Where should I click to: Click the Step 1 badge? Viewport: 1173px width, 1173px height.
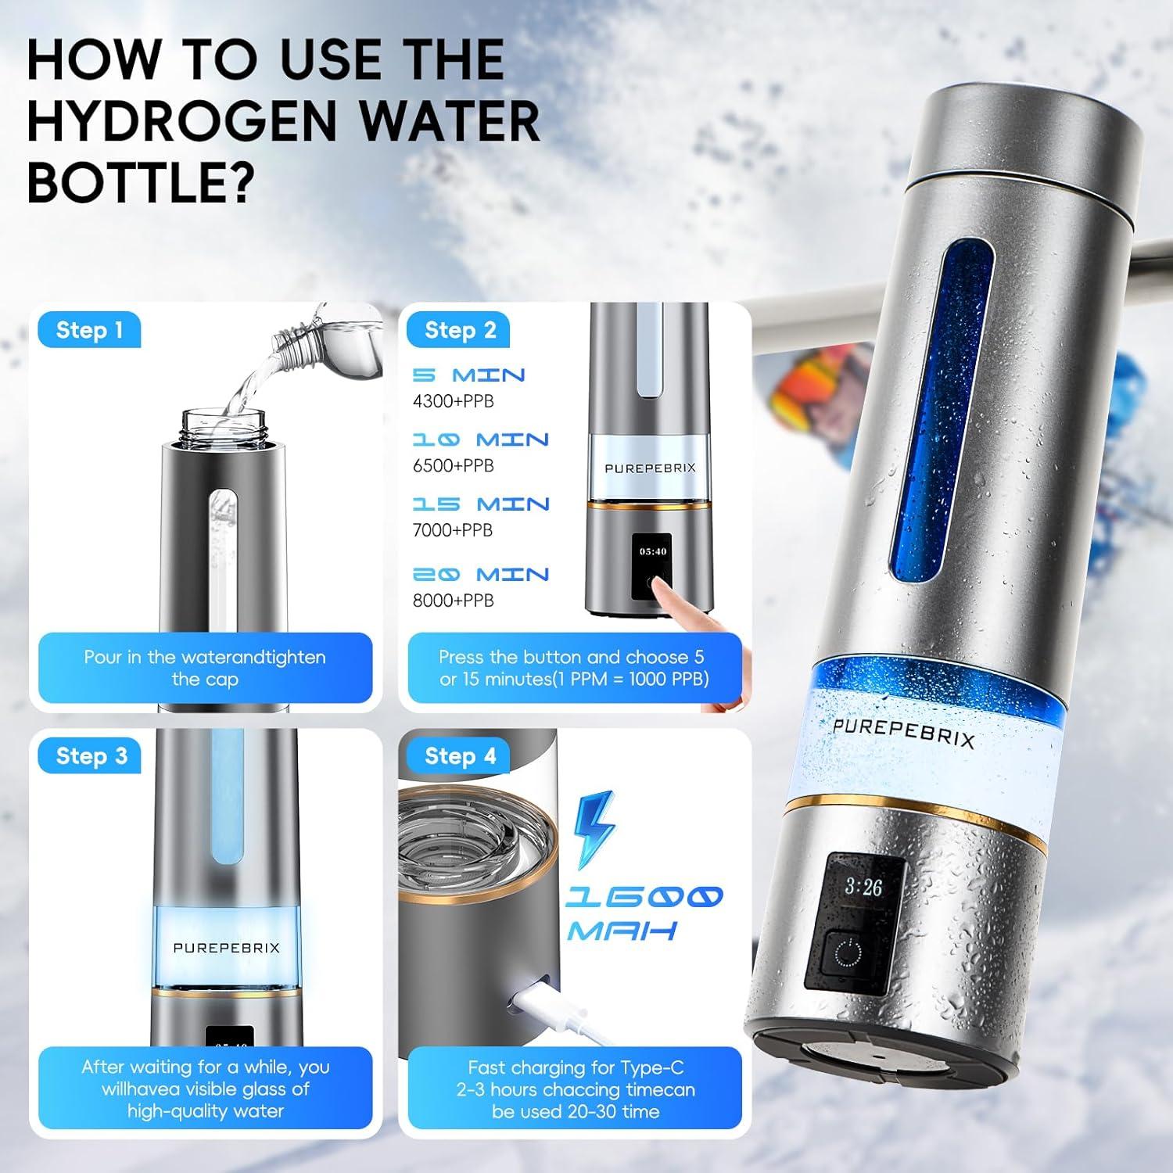coord(89,331)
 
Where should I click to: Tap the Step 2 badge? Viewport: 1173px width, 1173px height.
coord(460,331)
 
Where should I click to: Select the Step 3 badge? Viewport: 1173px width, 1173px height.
coord(91,756)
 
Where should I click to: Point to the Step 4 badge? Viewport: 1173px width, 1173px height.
coord(460,756)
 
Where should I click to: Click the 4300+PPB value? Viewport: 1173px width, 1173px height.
coord(454,401)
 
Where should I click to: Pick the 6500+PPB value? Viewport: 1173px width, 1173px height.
coord(454,466)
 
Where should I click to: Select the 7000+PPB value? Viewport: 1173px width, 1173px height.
coord(453,530)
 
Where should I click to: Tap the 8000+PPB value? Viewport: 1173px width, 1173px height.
coord(454,601)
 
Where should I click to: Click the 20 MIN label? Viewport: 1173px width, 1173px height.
coord(481,575)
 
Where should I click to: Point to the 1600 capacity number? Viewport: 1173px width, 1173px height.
coord(643,897)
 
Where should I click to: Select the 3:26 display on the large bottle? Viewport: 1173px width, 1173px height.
coord(863,888)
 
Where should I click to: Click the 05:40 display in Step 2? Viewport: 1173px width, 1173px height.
coord(653,551)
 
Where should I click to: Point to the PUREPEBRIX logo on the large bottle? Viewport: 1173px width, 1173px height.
coord(903,734)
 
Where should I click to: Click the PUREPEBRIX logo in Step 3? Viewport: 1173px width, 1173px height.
coord(226,948)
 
